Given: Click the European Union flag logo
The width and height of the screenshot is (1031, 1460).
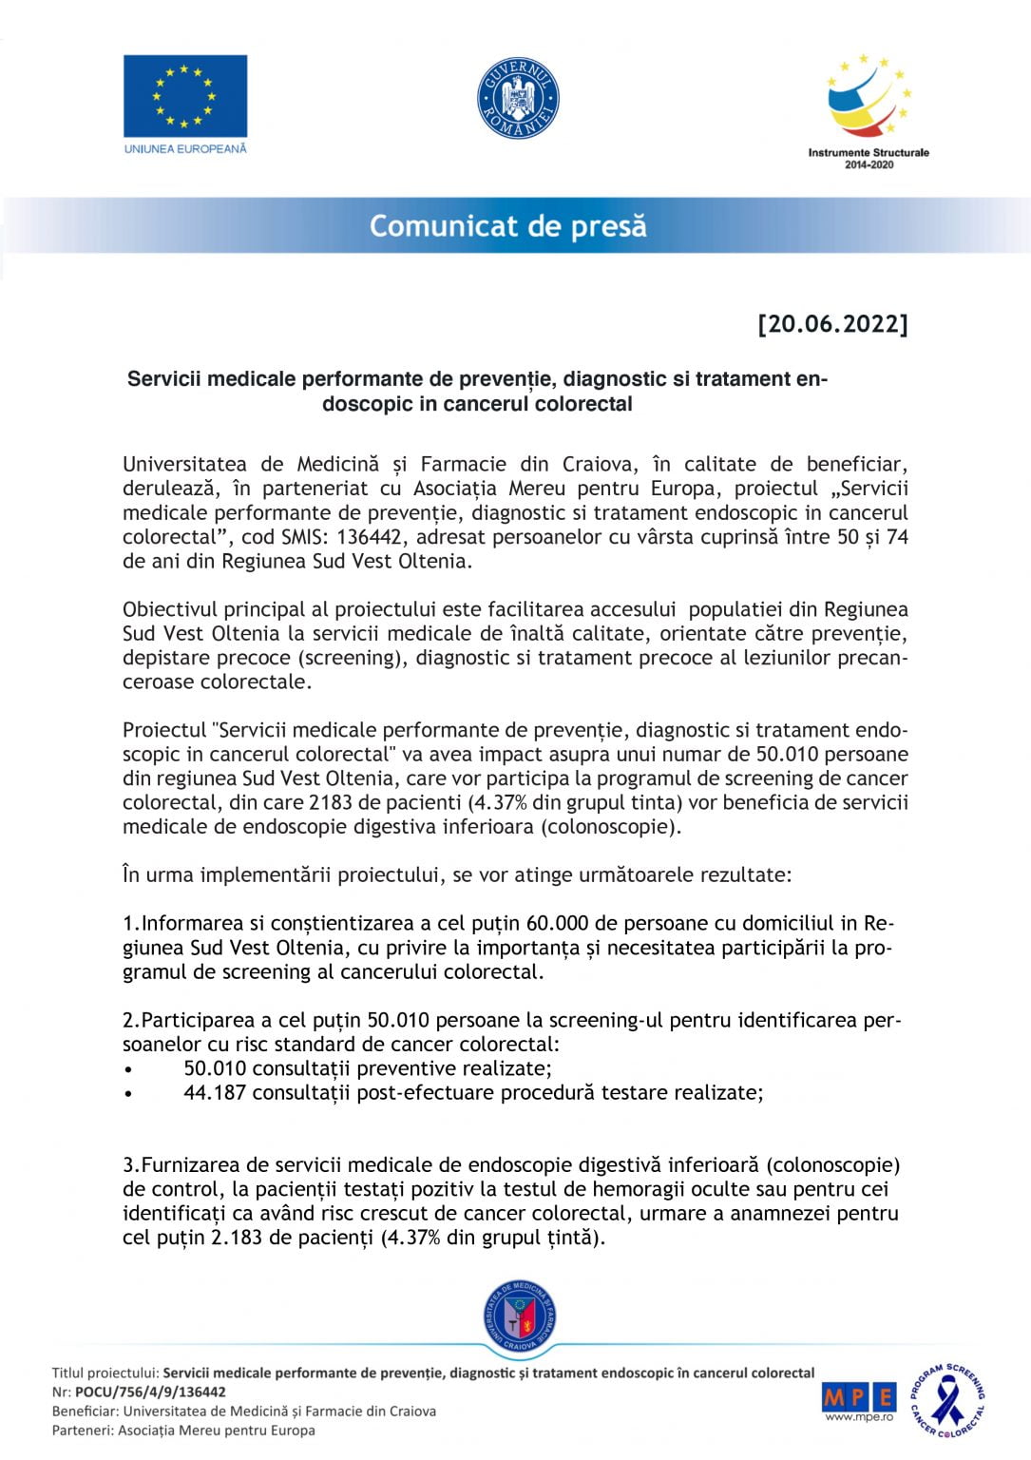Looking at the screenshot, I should [x=185, y=96].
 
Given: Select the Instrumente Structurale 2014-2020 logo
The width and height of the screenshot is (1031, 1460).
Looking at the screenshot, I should [x=869, y=110].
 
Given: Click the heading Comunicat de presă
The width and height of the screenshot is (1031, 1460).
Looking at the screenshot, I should [x=508, y=226].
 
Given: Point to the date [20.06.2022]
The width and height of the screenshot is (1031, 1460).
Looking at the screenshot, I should [x=832, y=324].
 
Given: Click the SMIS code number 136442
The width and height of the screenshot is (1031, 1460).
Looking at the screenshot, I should [x=369, y=537].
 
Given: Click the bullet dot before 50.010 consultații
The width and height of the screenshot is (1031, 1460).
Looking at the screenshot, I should [x=128, y=1069].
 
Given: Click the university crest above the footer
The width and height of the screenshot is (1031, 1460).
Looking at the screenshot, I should [x=519, y=1317].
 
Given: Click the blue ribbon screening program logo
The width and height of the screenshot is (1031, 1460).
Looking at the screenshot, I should [x=947, y=1400].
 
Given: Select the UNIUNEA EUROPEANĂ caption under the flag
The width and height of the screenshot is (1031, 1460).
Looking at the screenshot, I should [x=185, y=149].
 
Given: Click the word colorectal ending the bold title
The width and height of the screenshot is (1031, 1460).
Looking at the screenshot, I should [x=584, y=404].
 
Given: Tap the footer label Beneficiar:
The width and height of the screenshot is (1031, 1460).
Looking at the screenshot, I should [x=86, y=1412].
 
